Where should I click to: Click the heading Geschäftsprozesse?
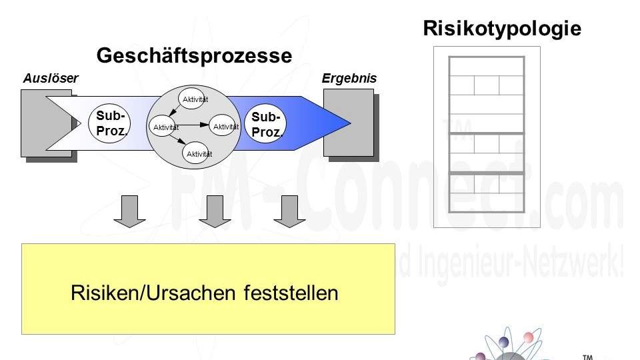click(194, 55)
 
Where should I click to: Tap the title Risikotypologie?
click(502, 28)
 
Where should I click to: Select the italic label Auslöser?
click(51, 79)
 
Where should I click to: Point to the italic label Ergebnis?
click(349, 79)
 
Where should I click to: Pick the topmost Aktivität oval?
click(195, 99)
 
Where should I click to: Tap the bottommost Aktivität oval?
click(199, 153)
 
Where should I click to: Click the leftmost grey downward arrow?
click(129, 211)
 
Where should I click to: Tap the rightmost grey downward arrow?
click(289, 211)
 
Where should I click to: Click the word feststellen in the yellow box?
click(291, 293)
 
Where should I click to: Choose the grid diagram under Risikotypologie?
click(487, 136)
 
